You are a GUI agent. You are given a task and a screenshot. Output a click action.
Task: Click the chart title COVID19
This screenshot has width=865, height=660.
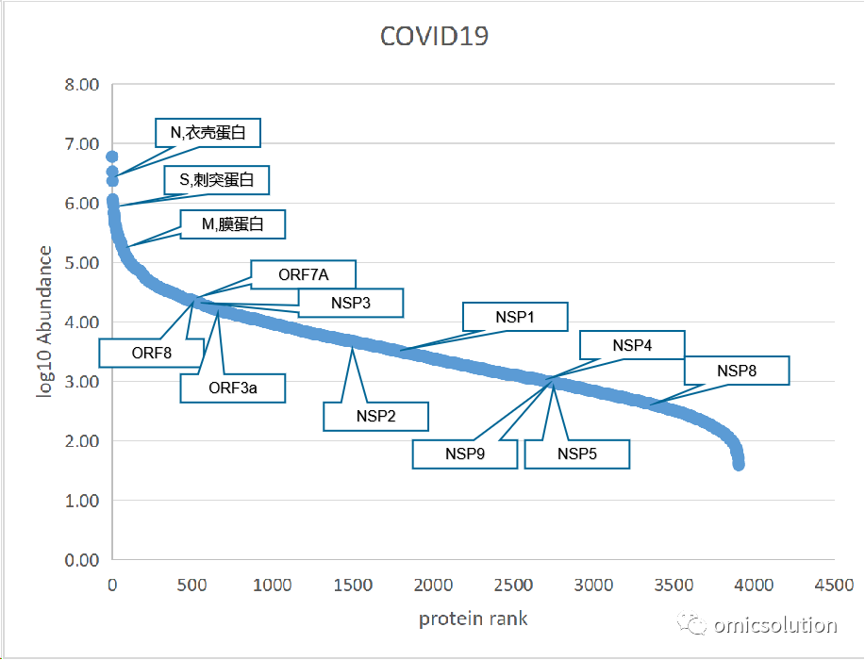(x=434, y=37)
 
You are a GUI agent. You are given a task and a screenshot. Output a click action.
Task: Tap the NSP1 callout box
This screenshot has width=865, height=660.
(x=515, y=317)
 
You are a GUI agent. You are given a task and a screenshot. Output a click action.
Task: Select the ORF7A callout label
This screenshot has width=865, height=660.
(x=304, y=274)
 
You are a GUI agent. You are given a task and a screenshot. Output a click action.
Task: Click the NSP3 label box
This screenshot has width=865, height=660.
(x=351, y=303)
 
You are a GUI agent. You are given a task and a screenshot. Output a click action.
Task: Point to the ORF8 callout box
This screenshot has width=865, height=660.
(x=152, y=353)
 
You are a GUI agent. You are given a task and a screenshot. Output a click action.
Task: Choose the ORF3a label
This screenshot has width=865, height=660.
(x=233, y=388)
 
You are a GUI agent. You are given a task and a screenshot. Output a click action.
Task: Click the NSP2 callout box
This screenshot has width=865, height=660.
(x=375, y=417)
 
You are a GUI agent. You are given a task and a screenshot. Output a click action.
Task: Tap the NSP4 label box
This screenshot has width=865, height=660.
(x=632, y=345)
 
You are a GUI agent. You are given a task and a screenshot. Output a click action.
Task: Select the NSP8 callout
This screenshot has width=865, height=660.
(x=737, y=371)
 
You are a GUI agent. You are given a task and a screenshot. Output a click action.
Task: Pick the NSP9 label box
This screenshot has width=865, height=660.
(x=465, y=454)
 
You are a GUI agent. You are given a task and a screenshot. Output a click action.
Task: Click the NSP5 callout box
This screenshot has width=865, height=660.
(x=577, y=454)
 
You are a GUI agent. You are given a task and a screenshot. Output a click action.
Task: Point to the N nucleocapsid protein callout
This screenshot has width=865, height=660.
(x=208, y=133)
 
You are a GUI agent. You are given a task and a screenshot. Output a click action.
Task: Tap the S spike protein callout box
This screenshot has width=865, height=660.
(x=217, y=180)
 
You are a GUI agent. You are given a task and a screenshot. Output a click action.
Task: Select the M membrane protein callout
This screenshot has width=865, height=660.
(x=233, y=224)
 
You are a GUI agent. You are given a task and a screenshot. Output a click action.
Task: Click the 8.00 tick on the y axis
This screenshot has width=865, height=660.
(x=82, y=85)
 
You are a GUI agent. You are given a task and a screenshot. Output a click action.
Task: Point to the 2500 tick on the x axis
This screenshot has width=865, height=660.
(x=513, y=585)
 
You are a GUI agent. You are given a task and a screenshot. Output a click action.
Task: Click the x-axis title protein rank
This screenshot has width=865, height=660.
(x=473, y=619)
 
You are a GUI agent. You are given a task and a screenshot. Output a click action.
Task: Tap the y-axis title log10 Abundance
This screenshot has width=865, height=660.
(x=44, y=322)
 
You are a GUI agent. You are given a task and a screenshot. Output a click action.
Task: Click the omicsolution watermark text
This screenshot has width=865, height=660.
(x=775, y=625)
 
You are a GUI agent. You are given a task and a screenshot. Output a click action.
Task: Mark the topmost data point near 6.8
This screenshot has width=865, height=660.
(x=111, y=157)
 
